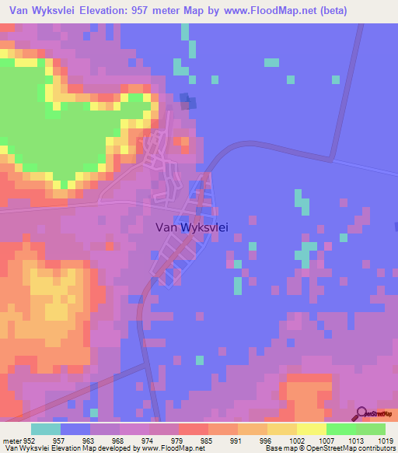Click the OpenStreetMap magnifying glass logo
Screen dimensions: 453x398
coord(362,413)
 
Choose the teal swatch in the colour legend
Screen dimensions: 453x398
coord(46,429)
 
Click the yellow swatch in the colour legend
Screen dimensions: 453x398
coord(312,429)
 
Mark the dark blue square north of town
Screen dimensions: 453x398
coord(185,98)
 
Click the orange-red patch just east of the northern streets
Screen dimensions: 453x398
coord(181,142)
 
